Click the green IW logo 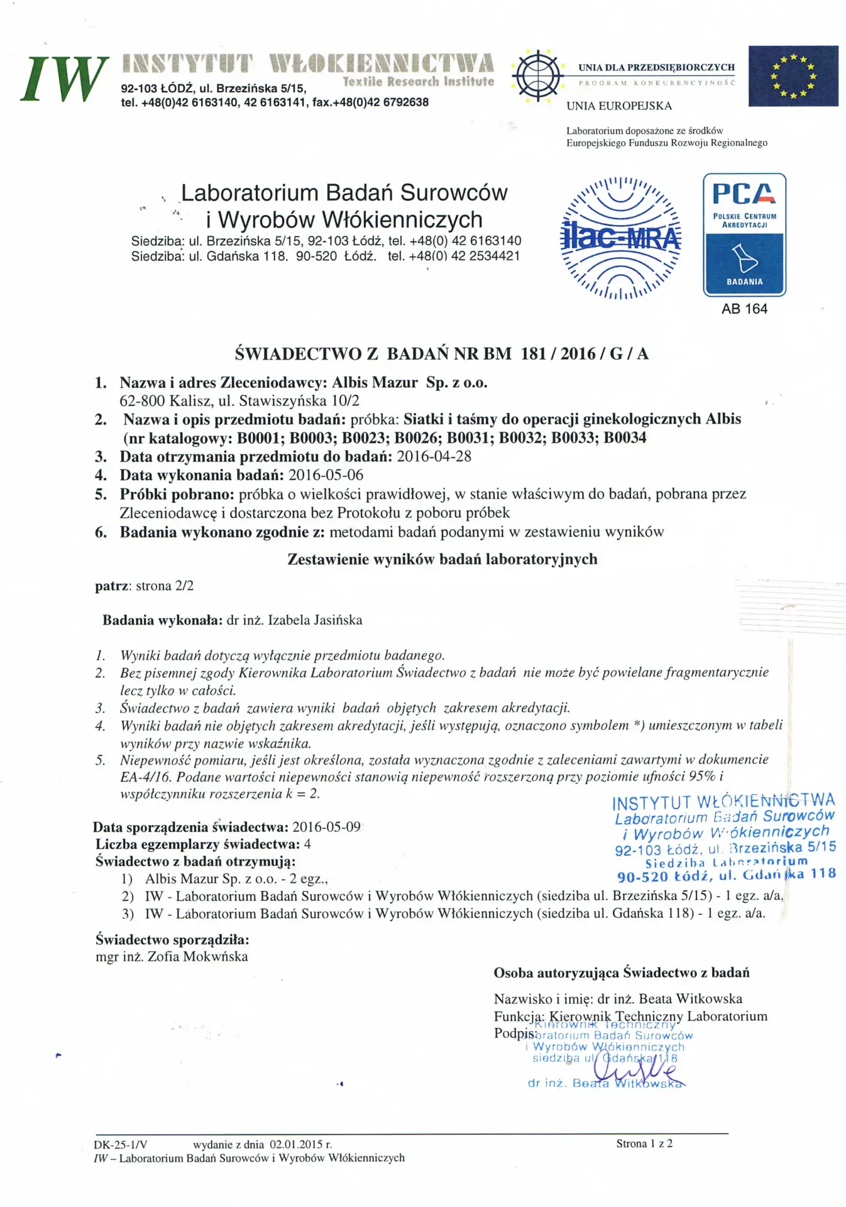pos(63,78)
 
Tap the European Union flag pos(793,76)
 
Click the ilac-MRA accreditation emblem pos(620,238)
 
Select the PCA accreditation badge pos(744,234)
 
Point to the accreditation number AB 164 pos(744,309)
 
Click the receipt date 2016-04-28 pos(434,456)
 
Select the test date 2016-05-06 pos(326,475)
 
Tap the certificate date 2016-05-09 pos(326,827)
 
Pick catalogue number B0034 pos(625,438)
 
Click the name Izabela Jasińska pos(315,620)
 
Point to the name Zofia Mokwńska pos(197,957)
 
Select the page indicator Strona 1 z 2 pos(644,1144)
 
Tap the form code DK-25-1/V pos(121,1145)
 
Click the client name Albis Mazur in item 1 pos(375,382)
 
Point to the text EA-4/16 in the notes pos(145,776)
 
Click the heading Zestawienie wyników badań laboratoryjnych pos(442,559)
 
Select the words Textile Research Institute pos(419,82)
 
